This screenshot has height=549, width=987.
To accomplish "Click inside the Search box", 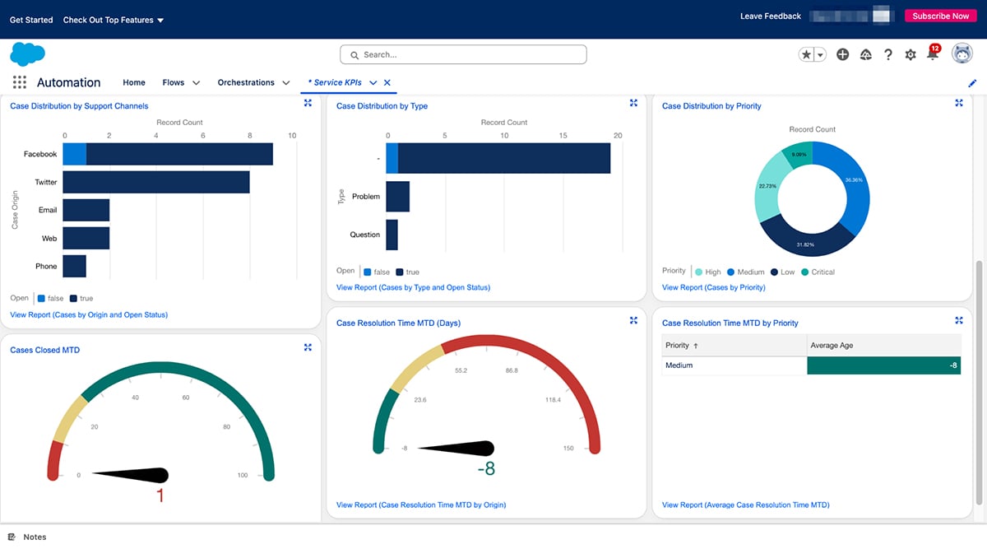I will coord(463,54).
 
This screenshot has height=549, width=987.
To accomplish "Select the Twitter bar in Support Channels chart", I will coord(156,182).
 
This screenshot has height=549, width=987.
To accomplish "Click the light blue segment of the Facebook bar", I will coord(74,154).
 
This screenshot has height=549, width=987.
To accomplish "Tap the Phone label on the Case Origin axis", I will coord(46,267).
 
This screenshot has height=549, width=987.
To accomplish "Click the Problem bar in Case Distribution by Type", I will coord(397,197).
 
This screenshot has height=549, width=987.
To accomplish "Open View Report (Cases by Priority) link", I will coord(713,287).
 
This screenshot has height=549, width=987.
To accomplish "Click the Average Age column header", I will coord(832,346).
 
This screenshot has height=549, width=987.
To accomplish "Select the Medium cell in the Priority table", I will coord(679,365).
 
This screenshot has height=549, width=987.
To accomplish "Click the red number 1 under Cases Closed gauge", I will coord(160,495).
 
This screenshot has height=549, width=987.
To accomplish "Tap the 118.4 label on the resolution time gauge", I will coord(552,400).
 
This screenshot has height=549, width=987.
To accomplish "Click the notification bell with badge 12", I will coord(933,54).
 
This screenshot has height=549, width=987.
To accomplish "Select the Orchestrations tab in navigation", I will coord(246,82).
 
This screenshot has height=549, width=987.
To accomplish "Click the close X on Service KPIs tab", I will coord(387,82).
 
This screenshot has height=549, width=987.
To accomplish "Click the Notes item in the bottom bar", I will coord(35,537).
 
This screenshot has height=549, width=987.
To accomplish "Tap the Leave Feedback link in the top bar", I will coord(770,16).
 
